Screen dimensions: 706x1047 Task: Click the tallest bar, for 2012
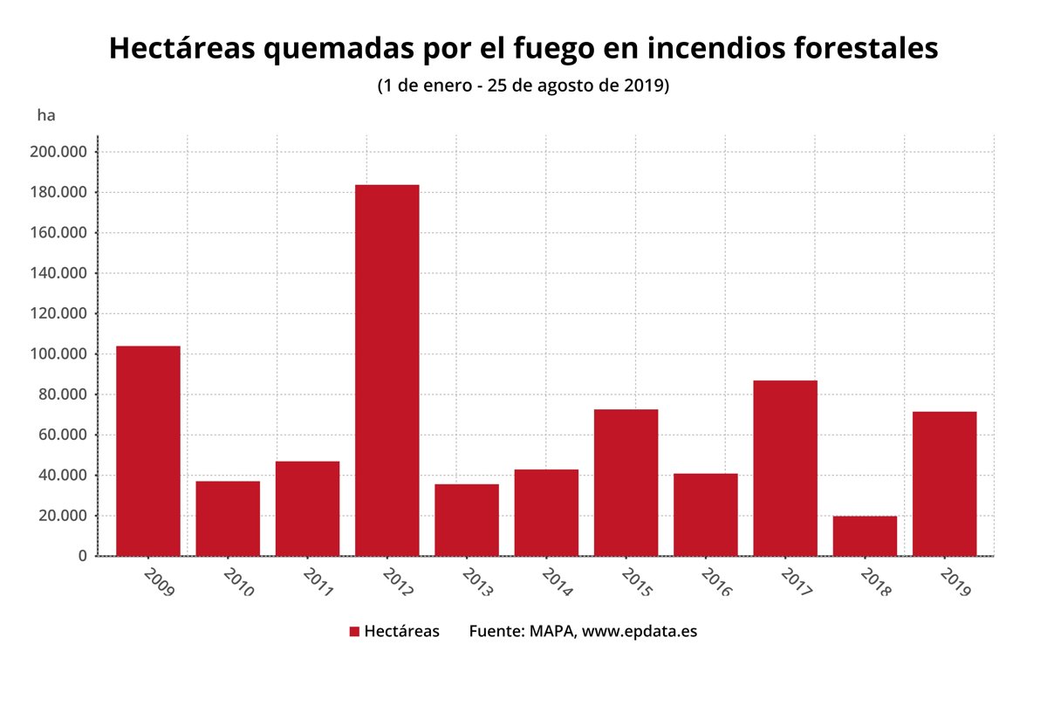coord(387,370)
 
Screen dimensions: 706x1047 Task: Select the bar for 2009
coord(148,450)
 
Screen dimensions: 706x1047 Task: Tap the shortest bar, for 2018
coord(865,536)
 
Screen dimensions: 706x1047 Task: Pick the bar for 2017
coord(785,468)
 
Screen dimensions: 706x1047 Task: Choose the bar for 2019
coord(944,483)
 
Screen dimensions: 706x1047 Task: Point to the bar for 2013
coord(467,520)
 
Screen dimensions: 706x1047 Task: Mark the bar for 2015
coord(626,483)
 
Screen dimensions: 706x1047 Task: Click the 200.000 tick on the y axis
coord(58,152)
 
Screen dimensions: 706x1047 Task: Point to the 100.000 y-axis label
coord(58,354)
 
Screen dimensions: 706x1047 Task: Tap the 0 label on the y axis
coord(82,556)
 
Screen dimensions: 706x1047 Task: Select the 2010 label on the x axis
coord(237,582)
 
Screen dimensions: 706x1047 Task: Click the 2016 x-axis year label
coord(715,582)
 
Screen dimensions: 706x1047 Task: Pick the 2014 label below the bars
coord(557,582)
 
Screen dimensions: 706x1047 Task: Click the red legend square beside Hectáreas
coord(354,632)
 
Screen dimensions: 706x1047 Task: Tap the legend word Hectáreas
coord(401,631)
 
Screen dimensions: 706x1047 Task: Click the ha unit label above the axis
coord(46,114)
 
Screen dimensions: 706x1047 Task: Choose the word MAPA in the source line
coord(551,631)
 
